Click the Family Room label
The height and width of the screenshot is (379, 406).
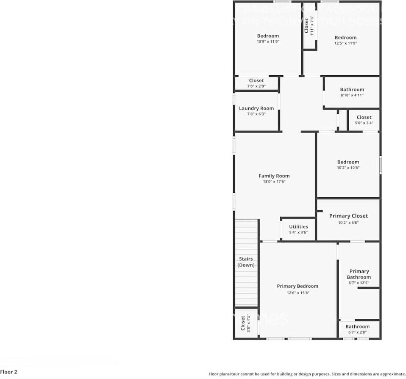click(x=274, y=176)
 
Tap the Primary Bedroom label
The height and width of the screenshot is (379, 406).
click(x=298, y=286)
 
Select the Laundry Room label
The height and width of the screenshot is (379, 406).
click(x=256, y=108)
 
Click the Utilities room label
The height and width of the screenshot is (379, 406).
click(x=298, y=227)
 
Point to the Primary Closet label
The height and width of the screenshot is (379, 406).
click(x=348, y=216)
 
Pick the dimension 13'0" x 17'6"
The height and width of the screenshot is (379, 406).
click(x=274, y=182)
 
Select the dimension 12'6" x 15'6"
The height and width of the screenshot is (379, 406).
click(x=298, y=292)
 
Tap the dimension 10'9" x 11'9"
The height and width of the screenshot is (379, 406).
click(x=268, y=42)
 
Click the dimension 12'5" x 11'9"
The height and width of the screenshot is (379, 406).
click(x=345, y=43)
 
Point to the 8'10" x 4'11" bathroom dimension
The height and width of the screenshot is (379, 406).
click(x=352, y=95)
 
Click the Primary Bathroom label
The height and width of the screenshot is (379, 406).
click(x=359, y=274)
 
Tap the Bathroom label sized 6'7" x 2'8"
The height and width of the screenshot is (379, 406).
click(x=357, y=326)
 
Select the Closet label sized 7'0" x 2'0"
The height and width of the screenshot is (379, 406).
click(x=256, y=80)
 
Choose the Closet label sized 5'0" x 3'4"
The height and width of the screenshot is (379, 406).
click(x=364, y=117)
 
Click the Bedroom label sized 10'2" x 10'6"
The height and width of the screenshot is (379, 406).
click(x=348, y=162)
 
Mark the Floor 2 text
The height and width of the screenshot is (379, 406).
click(x=9, y=372)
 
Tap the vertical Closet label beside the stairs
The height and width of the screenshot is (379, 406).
click(x=243, y=323)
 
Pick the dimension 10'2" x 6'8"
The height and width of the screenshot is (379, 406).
click(x=348, y=222)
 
